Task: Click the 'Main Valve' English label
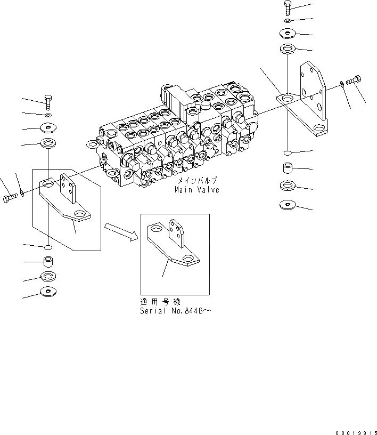click(196, 190)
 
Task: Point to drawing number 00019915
click(355, 430)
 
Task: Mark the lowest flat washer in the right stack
click(288, 204)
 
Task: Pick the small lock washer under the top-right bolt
click(288, 20)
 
